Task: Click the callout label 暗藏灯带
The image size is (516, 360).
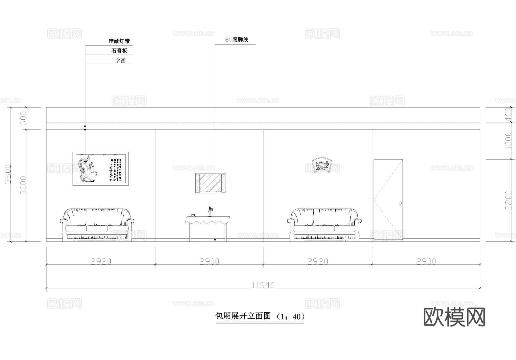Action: tap(119, 41)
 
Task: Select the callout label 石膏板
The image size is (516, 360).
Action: tap(119, 51)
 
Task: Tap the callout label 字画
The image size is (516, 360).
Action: tap(121, 61)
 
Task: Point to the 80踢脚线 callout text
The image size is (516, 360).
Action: tap(237, 40)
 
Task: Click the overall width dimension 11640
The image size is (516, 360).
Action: tap(263, 285)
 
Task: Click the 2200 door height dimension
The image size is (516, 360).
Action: tap(508, 200)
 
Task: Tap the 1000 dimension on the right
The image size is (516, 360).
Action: tap(508, 141)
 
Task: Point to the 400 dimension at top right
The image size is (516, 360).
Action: tap(508, 115)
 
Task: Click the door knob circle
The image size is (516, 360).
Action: tap(400, 203)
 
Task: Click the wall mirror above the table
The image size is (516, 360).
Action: tap(211, 183)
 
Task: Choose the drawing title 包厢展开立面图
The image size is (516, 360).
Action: tap(243, 316)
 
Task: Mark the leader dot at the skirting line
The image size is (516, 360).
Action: tap(215, 240)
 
